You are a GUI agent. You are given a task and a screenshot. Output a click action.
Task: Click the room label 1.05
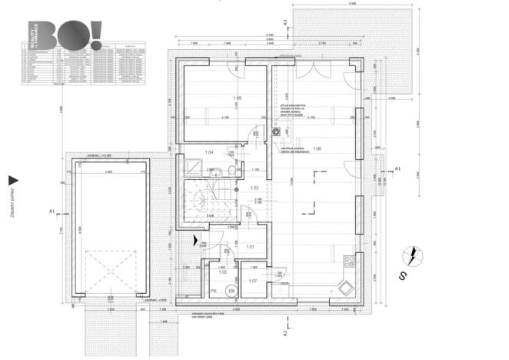[238, 99]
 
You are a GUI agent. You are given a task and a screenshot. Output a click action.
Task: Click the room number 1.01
[250, 247]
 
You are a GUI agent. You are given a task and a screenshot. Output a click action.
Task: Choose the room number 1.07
[254, 282]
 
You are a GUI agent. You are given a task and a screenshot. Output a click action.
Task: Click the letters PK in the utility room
[214, 292]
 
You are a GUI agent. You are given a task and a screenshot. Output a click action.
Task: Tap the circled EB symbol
[229, 292]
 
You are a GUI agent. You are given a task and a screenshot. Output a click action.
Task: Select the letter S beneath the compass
[401, 274]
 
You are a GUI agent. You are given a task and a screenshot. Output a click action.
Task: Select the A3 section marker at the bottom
[285, 333]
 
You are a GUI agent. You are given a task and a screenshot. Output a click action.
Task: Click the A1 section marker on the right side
[397, 168]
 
